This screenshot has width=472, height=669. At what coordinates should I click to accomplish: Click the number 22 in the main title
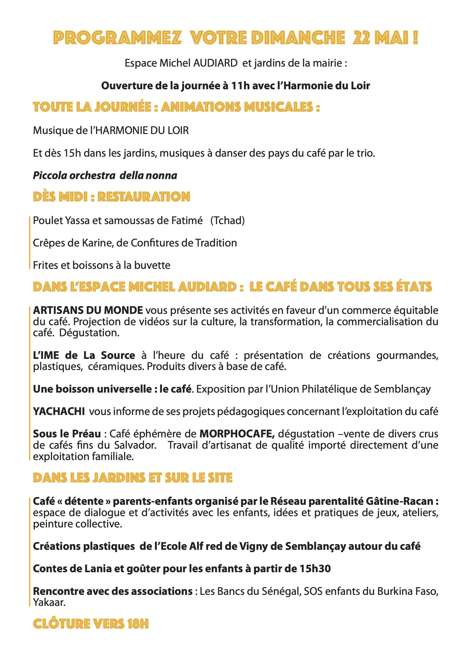(x=362, y=38)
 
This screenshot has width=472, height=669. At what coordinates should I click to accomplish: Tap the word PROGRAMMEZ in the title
(x=117, y=38)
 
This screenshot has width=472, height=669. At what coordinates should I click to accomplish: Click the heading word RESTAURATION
(x=144, y=197)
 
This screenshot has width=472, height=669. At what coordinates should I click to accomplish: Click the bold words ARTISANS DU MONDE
(x=88, y=310)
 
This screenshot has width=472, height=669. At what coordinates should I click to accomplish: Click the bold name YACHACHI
(x=59, y=411)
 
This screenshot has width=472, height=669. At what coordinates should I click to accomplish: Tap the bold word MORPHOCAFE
(x=237, y=434)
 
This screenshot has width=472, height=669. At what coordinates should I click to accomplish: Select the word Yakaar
(x=49, y=602)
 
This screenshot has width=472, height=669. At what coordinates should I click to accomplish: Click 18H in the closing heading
(x=138, y=624)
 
